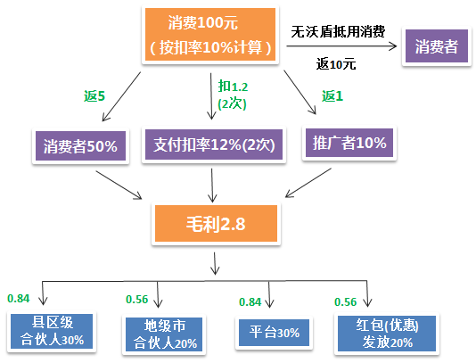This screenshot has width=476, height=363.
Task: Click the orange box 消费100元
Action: tap(212, 34)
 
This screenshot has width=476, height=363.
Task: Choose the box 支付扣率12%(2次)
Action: tap(211, 144)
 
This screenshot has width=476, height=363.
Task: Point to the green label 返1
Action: tap(332, 95)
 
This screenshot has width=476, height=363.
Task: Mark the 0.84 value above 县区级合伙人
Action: tap(19, 298)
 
